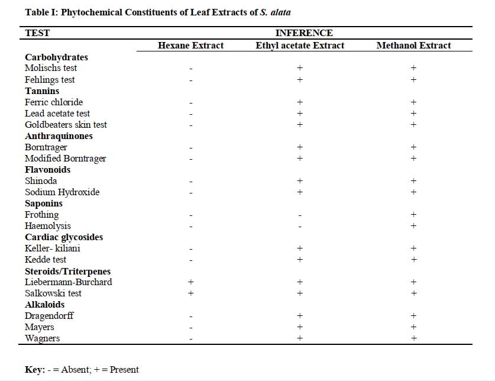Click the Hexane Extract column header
click(190, 46)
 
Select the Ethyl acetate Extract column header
click(300, 46)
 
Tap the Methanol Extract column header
click(413, 46)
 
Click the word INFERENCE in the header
click(304, 33)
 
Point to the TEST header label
click(37, 33)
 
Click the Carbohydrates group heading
click(57, 57)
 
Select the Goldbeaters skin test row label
click(66, 124)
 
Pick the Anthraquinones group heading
click(59, 136)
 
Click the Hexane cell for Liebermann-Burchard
click(190, 282)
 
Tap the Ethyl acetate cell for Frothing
click(300, 215)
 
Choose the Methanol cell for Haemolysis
click(413, 225)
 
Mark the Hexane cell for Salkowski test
click(190, 293)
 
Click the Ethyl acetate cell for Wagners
click(300, 338)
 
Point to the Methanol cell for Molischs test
click(413, 67)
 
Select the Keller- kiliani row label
click(53, 248)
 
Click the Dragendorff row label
click(49, 315)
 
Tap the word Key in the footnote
click(35, 370)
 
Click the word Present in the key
click(124, 370)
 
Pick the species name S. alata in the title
click(275, 12)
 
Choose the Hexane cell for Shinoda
click(190, 182)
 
